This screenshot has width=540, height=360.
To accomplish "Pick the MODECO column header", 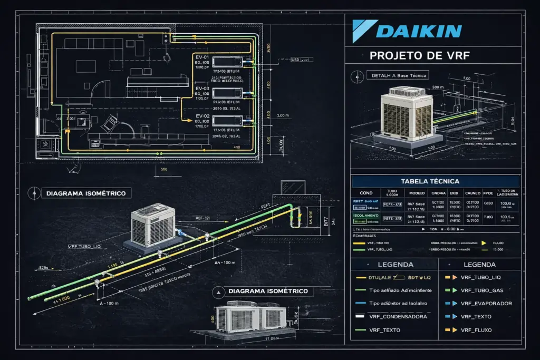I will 417,193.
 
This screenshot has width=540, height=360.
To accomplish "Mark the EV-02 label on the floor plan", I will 203,116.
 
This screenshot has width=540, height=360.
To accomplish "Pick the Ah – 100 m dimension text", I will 225,262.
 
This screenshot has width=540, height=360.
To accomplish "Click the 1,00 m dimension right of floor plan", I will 283,115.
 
